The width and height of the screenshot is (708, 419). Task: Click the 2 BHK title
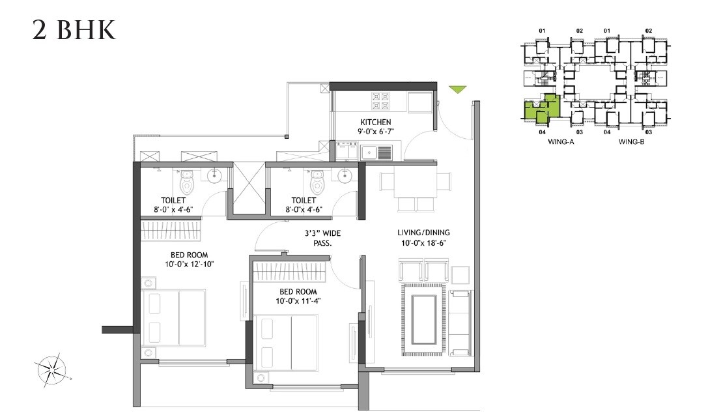tap(74, 30)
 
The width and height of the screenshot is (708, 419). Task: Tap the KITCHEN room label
tap(376, 122)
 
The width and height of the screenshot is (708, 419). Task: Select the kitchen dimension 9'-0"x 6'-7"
tap(376, 132)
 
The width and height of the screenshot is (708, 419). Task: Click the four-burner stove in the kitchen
tap(380, 100)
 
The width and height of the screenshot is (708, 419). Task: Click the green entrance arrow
tap(459, 90)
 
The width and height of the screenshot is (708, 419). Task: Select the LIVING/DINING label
tap(424, 233)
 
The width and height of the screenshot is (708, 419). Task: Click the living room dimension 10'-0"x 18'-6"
tap(424, 243)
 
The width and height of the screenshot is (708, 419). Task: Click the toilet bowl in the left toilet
tap(187, 177)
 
